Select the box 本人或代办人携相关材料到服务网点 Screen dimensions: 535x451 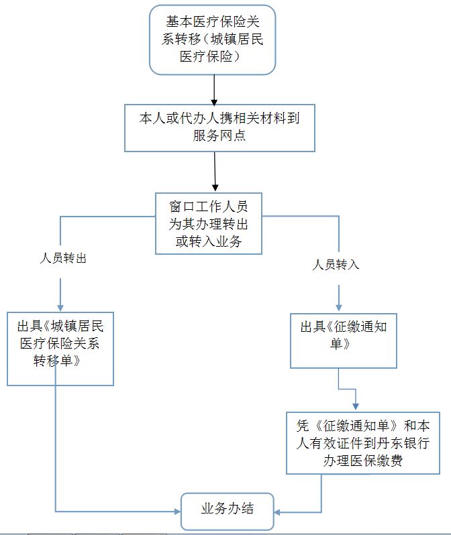219,127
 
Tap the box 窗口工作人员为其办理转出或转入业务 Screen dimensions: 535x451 208,223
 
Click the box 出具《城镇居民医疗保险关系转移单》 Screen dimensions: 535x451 60,349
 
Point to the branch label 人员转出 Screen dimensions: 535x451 62,258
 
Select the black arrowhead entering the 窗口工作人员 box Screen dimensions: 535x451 215,186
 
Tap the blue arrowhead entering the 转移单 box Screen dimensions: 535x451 60,307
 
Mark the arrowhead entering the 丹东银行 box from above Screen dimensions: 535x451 355,406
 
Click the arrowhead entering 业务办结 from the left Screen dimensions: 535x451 177,512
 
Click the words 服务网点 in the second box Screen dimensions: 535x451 219,136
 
